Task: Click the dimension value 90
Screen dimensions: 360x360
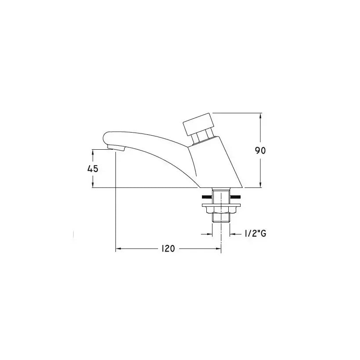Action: pos(260,151)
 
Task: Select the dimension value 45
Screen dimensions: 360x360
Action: pos(93,169)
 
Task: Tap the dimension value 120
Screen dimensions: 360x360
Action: pos(168,248)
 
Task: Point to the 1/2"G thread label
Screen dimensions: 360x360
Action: pos(256,234)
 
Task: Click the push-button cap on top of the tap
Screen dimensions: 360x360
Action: pos(198,124)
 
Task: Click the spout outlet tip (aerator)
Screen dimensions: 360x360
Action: pos(116,148)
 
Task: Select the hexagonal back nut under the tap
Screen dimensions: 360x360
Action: pos(221,209)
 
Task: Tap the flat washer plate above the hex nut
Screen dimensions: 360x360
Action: pos(221,205)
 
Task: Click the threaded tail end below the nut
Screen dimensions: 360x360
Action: pos(221,218)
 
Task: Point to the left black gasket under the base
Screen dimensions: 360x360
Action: pos(207,197)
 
